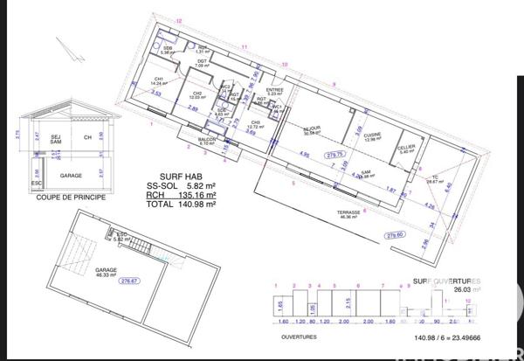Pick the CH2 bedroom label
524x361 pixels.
tap(197, 95)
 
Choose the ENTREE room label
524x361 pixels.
tap(274, 90)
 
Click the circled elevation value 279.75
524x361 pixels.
tap(334, 155)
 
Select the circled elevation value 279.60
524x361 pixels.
tap(396, 234)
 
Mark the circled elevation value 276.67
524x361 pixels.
tap(130, 281)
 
